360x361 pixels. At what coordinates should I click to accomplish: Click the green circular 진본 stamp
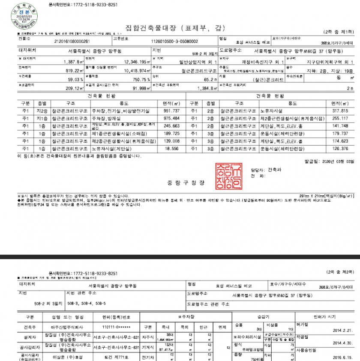pyautogui.click(x=18, y=17)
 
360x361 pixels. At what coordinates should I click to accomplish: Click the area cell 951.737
pyautogui.click(x=170, y=111)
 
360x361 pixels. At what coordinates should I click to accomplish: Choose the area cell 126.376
pyautogui.click(x=341, y=149)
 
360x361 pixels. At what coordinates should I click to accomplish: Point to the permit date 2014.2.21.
pyautogui.click(x=343, y=330)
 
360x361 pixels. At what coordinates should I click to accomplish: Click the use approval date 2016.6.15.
pyautogui.click(x=343, y=356)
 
